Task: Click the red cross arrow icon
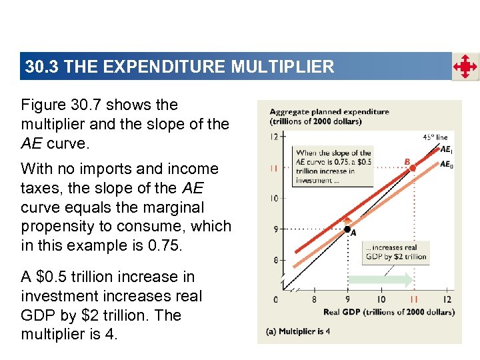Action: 465,67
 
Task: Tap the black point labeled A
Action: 347,229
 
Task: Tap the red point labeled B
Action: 412,168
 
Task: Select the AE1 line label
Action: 446,150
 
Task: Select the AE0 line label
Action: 446,164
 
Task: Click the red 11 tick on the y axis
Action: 273,168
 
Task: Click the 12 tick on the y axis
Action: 273,137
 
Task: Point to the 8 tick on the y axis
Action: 275,260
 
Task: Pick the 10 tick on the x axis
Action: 381,299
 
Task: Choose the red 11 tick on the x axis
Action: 413,299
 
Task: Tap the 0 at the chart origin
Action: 275,299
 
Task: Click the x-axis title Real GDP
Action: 389,312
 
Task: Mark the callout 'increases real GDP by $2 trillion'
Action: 396,252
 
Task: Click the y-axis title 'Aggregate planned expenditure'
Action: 329,111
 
